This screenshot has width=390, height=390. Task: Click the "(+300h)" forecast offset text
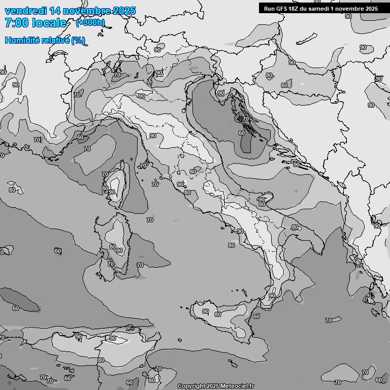[x=90, y=22]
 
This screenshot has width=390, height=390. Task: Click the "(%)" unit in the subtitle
[x=78, y=40]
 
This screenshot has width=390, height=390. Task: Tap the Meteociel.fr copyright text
[x=215, y=386]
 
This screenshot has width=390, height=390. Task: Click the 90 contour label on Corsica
[x=112, y=192]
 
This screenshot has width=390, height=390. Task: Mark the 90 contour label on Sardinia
[x=119, y=250]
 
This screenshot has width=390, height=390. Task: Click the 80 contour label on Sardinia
[x=113, y=247]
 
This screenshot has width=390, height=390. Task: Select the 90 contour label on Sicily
[x=206, y=311]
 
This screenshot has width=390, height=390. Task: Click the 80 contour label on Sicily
[x=218, y=314]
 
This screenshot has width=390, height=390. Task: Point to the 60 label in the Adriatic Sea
[x=242, y=133]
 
